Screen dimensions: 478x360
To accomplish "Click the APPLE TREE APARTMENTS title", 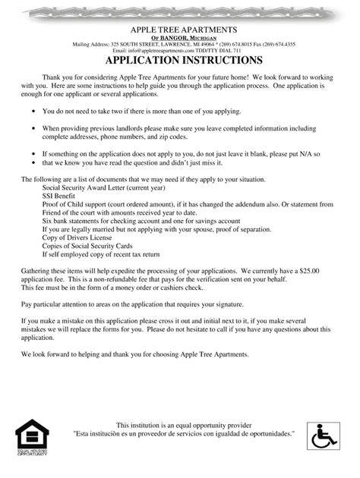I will pos(180,28).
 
